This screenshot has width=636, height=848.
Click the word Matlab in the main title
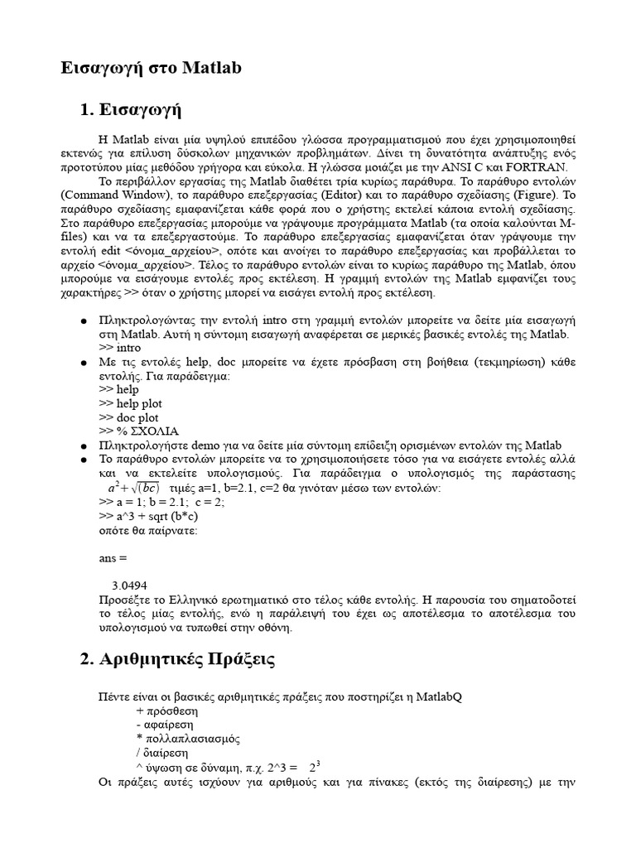pyautogui.click(x=212, y=68)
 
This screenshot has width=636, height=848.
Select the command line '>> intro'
pyautogui.click(x=119, y=348)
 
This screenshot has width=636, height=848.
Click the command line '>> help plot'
pyautogui.click(x=129, y=403)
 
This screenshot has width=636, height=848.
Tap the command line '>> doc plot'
pyautogui.click(x=128, y=417)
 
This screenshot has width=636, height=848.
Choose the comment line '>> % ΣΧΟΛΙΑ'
pyautogui.click(x=138, y=431)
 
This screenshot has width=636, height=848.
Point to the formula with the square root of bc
pyautogui.click(x=133, y=487)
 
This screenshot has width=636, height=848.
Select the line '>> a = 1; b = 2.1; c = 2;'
pyautogui.click(x=162, y=501)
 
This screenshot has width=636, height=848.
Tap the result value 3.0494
pyautogui.click(x=129, y=585)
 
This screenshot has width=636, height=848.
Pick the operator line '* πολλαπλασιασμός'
pyautogui.click(x=181, y=738)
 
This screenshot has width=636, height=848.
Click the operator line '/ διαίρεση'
pyautogui.click(x=161, y=753)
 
